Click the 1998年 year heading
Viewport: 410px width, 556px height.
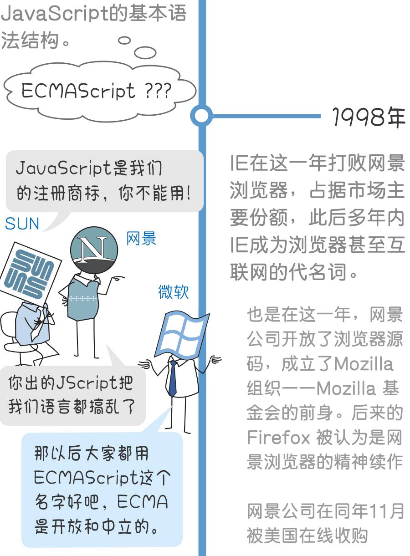(369, 117)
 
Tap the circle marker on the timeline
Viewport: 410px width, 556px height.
(201, 116)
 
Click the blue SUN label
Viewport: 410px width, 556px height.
(22, 224)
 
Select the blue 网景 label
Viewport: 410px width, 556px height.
(141, 238)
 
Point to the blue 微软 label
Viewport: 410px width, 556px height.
(173, 292)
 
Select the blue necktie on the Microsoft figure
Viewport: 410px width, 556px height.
(173, 378)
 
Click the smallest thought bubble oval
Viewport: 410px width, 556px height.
(124, 40)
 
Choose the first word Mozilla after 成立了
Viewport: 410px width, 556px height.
(364, 364)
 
